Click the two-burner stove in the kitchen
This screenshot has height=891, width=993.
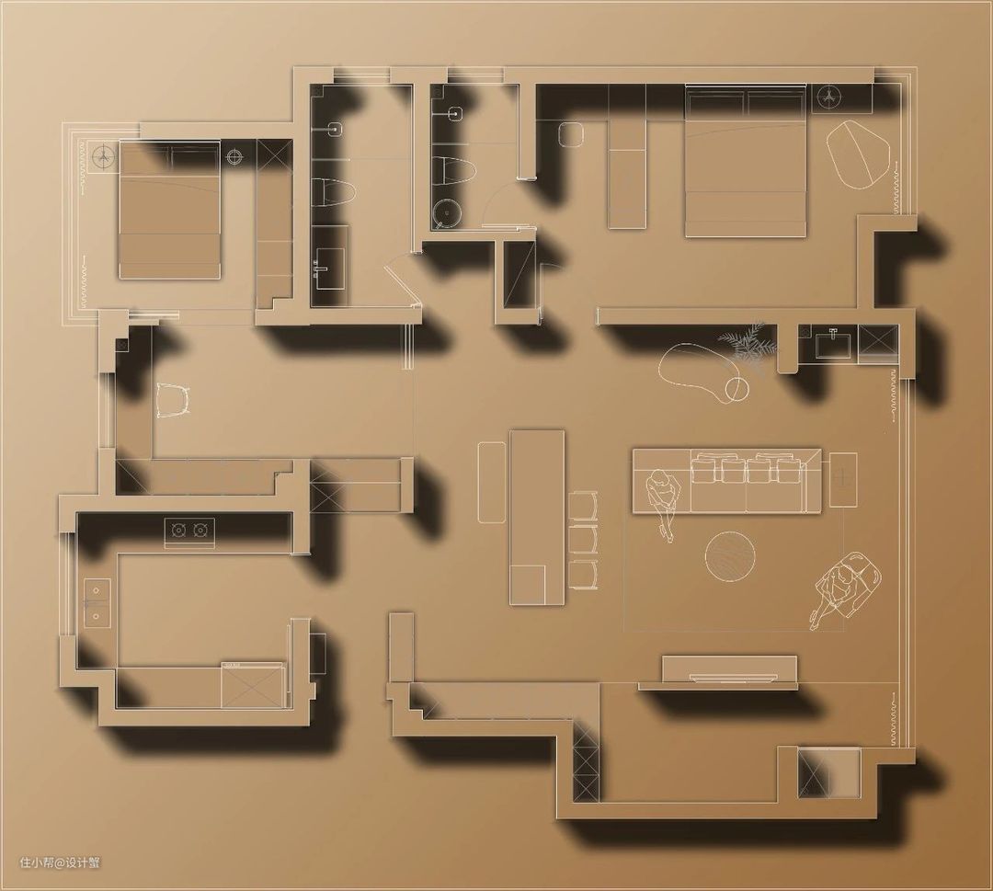point(189,529)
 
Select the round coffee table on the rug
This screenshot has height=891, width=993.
point(730,555)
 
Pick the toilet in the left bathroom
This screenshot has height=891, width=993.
point(335,194)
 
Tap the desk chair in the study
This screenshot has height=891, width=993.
point(172,401)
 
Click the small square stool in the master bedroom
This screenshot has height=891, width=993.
point(571,134)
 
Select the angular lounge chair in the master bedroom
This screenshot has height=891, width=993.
point(860,154)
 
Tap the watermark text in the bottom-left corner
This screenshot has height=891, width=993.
point(60,862)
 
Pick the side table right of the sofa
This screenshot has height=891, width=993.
point(842,480)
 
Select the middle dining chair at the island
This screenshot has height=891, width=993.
point(583,538)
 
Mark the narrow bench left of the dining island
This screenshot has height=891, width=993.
point(491,482)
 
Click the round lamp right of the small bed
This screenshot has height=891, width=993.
point(235,155)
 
